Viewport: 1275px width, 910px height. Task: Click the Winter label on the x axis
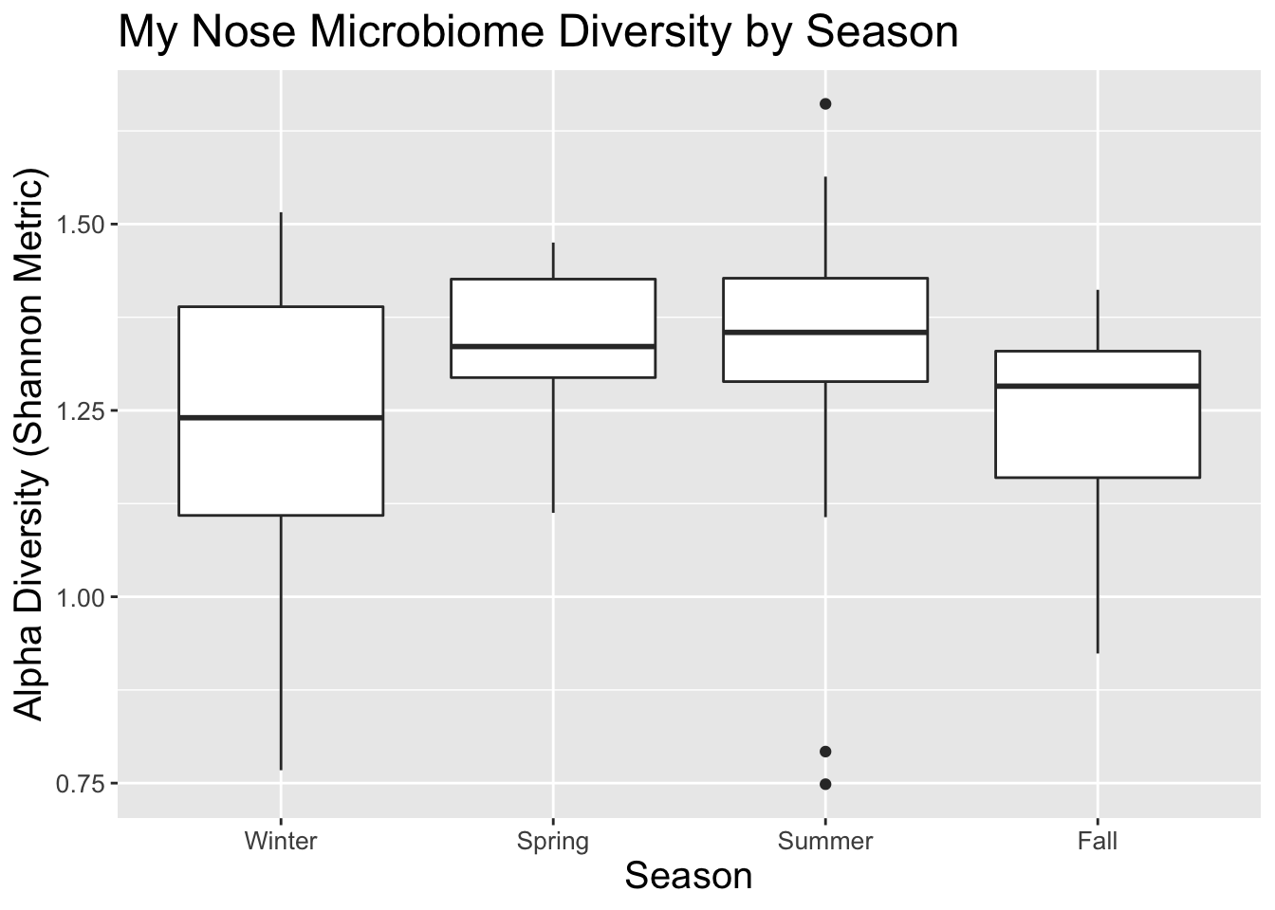281,841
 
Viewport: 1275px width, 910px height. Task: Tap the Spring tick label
553,841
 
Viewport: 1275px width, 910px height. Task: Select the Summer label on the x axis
825,841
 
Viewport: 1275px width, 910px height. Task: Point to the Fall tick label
1098,841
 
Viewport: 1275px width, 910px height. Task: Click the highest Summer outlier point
825,104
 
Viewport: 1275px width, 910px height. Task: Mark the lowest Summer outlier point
825,784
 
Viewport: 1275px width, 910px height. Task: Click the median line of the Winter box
281,417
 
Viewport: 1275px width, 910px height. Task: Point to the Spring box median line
553,347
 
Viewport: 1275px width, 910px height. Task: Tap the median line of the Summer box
825,332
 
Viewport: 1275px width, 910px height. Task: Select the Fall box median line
1098,386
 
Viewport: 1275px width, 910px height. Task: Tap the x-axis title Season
689,876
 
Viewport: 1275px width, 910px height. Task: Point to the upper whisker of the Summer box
825,227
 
